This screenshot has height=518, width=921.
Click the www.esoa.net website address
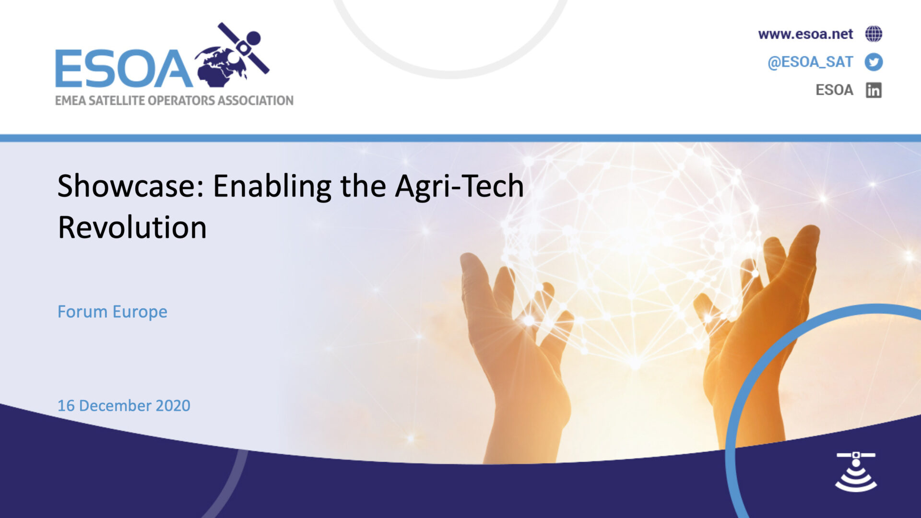pos(805,34)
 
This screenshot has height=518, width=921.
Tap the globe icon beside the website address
pos(874,34)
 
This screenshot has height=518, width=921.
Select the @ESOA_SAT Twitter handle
pos(810,62)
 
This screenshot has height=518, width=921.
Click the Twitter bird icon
pos(874,62)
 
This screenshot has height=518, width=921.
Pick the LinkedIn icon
pos(874,90)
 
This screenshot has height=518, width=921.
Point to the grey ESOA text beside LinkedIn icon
pos(834,90)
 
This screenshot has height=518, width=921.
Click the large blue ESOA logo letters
pos(124,69)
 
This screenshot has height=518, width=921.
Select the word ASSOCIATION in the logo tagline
pos(255,100)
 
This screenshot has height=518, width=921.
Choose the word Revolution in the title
pos(132,227)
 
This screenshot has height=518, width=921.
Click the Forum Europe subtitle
pos(112,312)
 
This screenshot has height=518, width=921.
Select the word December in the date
pos(115,406)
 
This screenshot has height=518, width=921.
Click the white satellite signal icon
pos(856,471)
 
